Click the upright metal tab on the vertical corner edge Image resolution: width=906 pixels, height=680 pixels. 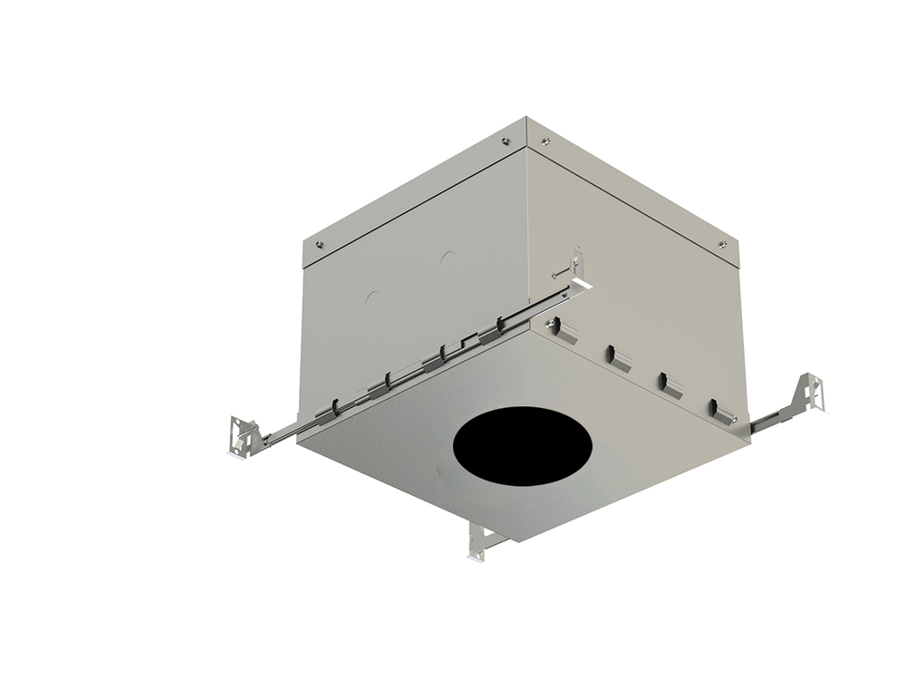[x=576, y=268]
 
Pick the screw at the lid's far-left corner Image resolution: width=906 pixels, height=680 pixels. [x=318, y=243]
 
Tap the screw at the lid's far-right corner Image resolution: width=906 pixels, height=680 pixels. [x=722, y=243]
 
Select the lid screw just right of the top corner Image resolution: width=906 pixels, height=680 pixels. [x=545, y=141]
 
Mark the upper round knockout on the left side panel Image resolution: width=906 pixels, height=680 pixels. [x=446, y=258]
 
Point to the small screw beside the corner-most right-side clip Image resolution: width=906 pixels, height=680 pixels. [x=550, y=319]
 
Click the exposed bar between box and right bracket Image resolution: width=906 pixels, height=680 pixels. [x=770, y=418]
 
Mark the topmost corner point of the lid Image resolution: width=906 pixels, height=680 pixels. [x=527, y=117]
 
